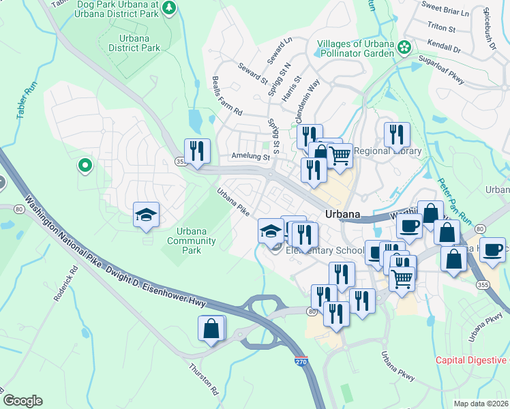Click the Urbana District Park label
pos(134,43)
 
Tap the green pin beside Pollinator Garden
pos(404,47)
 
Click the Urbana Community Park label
pos(192,241)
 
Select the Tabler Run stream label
pos(21,102)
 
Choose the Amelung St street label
pos(251,157)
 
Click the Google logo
pos(22,401)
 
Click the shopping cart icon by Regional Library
pos(340,154)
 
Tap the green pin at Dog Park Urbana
pos(168,8)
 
